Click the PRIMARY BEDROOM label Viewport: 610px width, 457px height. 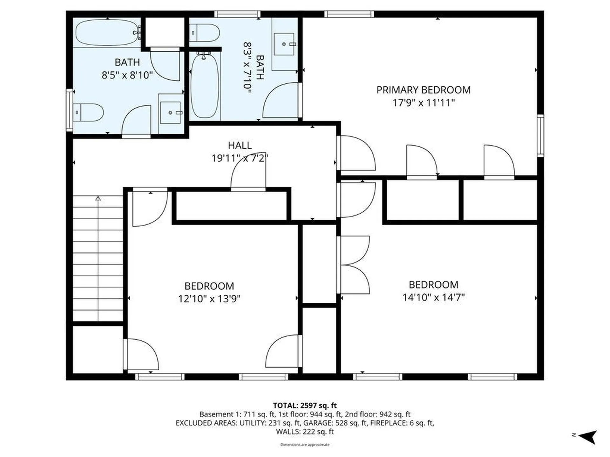(423, 90)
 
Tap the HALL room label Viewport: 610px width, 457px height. (240, 145)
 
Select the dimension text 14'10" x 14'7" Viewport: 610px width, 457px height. (433, 298)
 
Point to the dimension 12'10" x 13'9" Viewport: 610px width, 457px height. (209, 299)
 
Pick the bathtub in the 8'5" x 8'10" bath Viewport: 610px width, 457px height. (107, 32)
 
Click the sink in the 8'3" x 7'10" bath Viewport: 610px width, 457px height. (284, 44)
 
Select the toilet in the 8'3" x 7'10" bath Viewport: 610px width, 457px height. (205, 33)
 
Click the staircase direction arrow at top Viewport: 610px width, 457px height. (98, 199)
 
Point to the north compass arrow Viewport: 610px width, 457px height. (588, 437)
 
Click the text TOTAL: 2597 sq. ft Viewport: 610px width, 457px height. (305, 405)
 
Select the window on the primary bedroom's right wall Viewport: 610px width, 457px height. (540, 136)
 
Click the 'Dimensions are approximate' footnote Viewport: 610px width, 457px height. (305, 445)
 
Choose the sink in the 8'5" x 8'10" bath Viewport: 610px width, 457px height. (171, 113)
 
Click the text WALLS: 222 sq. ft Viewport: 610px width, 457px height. (305, 432)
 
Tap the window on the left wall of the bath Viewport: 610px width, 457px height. (69, 110)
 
